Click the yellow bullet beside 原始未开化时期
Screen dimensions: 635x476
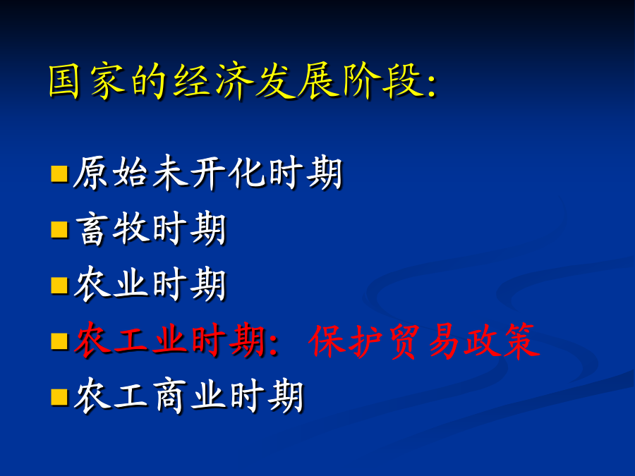click(x=59, y=173)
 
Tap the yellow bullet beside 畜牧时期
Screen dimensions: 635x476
click(x=59, y=229)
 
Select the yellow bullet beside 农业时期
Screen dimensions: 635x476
click(x=59, y=285)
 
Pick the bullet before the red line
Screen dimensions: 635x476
click(x=59, y=341)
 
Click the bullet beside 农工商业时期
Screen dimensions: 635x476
click(x=59, y=396)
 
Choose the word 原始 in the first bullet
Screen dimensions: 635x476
click(x=110, y=173)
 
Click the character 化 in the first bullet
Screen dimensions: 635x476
click(x=247, y=173)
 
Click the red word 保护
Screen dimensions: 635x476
click(x=346, y=341)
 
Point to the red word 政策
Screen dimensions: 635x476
click(x=502, y=341)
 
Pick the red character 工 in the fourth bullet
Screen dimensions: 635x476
click(x=131, y=341)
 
